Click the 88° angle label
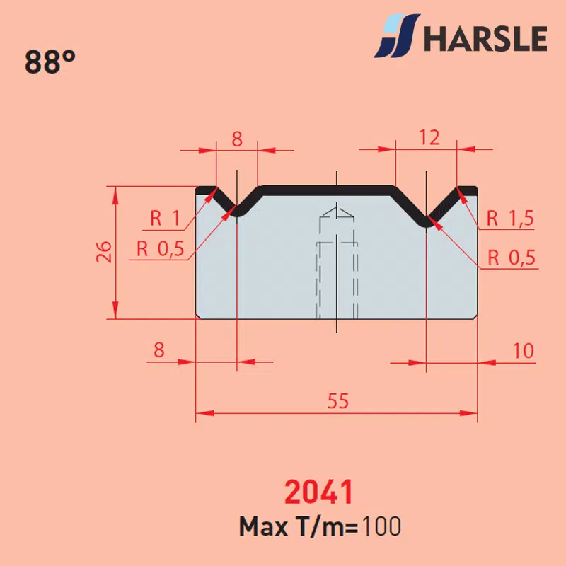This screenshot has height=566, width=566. coord(50,62)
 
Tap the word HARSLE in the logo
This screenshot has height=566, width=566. coord(485,39)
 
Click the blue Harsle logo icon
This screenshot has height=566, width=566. coord(396,36)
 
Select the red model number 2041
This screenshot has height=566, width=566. coord(318,492)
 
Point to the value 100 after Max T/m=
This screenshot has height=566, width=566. coord(381,526)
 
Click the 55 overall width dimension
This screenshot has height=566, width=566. coord(338,400)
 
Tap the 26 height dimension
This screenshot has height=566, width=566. coord(104,252)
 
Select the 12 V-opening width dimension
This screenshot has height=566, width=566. coord(429,137)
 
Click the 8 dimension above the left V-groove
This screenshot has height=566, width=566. coord(237,139)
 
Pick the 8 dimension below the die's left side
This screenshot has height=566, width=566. coord(158,350)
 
